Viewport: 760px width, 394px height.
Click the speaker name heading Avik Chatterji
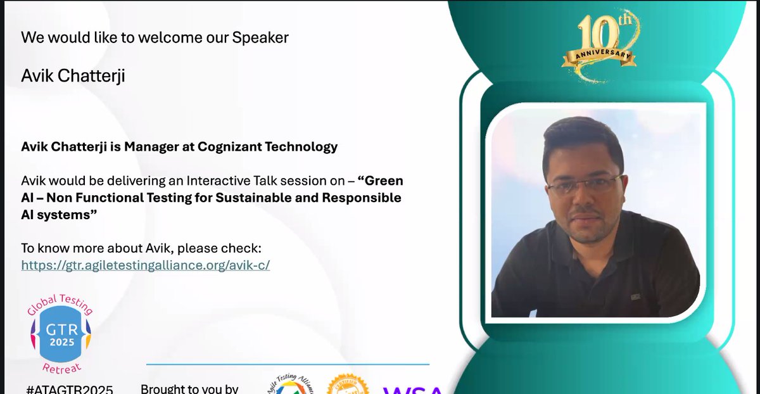tap(73, 76)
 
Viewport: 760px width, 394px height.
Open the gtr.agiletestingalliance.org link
tap(146, 265)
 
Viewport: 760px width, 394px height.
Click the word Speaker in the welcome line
tap(260, 37)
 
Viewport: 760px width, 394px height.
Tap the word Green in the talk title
tap(384, 181)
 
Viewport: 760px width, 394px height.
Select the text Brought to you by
tap(189, 388)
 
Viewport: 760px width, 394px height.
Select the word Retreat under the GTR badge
tap(61, 367)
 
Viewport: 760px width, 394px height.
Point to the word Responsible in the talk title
tap(362, 198)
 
